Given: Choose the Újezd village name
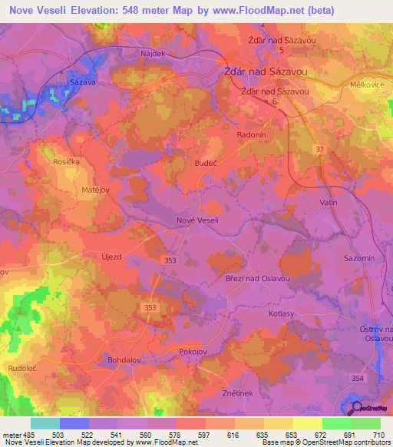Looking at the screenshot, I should [x=112, y=257].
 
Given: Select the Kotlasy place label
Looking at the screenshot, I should [x=282, y=313].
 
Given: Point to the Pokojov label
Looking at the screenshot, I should [x=193, y=350].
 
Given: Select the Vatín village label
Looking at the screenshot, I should [x=329, y=202].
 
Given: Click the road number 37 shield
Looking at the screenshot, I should [x=319, y=147].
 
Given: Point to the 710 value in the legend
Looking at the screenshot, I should [x=379, y=435].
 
